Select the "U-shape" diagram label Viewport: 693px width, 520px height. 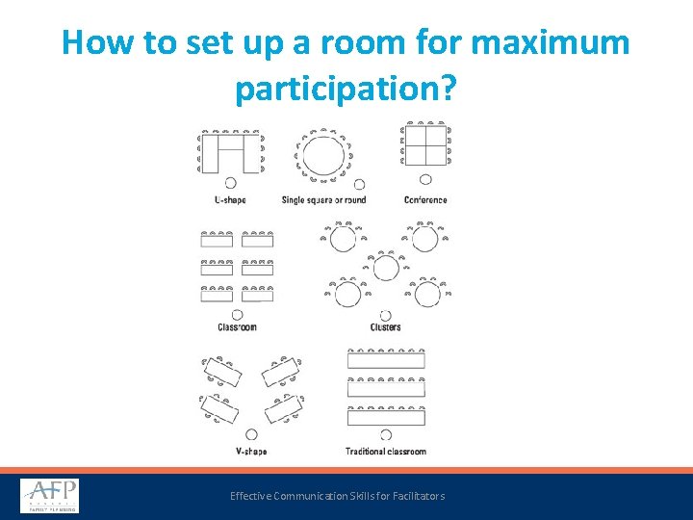coord(230,200)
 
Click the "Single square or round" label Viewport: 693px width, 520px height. coord(323,200)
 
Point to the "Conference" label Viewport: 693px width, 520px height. coord(425,200)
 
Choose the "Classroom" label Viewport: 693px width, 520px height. coord(237,327)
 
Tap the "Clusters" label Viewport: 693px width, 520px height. coord(385,327)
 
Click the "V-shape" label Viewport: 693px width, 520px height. coord(251,451)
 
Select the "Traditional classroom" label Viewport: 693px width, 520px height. coord(385,451)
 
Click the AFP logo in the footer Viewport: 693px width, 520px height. coord(49,496)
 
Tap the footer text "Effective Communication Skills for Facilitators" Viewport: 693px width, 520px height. coord(337,496)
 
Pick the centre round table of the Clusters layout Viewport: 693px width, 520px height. coord(385,267)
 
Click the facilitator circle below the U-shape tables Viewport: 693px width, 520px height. coord(230,183)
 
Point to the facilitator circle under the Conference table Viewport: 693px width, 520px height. coord(425,178)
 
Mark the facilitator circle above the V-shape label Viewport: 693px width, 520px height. coord(251,434)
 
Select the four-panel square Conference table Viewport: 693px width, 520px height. coord(425,146)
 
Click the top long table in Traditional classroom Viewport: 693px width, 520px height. coord(385,361)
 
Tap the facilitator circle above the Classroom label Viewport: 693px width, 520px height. coord(237,314)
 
